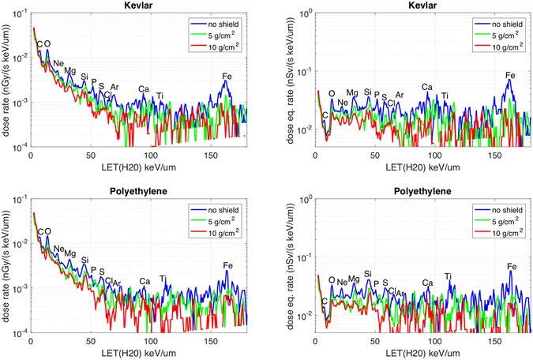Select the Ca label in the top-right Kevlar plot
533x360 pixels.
tap(427, 88)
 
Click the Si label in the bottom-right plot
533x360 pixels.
tap(367, 273)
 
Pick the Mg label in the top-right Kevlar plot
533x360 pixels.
tap(352, 93)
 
